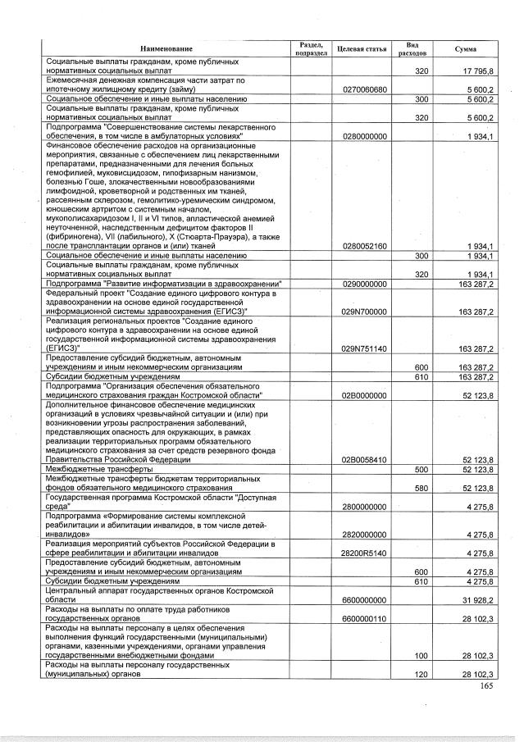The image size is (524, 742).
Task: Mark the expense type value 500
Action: pos(422,469)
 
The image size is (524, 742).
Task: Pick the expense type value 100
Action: pos(422,656)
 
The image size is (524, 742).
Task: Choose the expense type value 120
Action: pos(422,673)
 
